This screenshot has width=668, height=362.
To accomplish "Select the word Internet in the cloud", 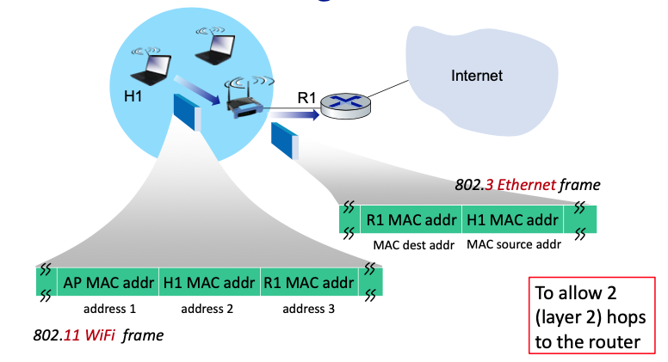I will (477, 76).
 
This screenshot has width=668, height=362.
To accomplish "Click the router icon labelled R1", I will (343, 107).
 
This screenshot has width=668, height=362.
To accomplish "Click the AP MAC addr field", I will (108, 282).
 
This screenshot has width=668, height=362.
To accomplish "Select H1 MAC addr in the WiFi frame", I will (208, 282).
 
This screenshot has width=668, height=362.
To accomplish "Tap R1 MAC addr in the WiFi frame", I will (308, 282).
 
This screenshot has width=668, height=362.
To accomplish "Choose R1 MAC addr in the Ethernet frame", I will (411, 220).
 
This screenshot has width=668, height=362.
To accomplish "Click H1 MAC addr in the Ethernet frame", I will (513, 220).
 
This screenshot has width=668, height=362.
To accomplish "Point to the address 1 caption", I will (109, 308).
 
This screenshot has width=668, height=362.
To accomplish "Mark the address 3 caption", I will (308, 308).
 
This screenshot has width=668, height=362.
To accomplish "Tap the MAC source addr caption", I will (513, 244).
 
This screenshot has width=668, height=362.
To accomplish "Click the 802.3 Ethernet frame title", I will (527, 185).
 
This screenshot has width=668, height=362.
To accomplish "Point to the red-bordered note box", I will (591, 314).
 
